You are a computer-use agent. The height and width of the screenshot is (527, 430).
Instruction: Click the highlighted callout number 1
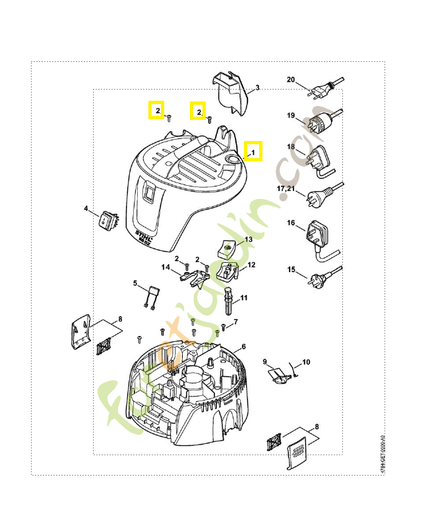click(253, 152)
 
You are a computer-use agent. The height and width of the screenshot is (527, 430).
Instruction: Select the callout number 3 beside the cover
click(257, 88)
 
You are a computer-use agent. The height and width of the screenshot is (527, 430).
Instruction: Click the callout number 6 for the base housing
click(243, 347)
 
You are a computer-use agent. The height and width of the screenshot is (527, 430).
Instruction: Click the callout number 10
click(305, 362)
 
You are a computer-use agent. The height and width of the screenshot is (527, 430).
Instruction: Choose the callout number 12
click(251, 265)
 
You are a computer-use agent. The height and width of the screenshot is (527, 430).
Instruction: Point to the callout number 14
click(167, 267)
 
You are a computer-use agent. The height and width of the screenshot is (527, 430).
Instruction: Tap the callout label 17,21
click(286, 188)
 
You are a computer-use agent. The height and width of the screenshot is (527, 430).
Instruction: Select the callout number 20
click(290, 80)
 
